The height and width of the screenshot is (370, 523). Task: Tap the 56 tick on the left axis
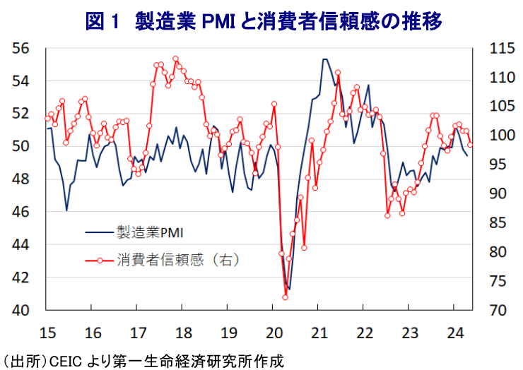click(x=21, y=49)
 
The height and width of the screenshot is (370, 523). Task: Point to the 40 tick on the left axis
click(x=21, y=310)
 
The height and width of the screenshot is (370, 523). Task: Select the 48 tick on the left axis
click(x=21, y=179)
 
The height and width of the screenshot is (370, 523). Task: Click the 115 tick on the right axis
click(x=498, y=49)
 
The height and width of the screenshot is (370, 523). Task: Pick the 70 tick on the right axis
click(x=498, y=310)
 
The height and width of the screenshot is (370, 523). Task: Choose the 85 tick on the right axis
click(x=498, y=222)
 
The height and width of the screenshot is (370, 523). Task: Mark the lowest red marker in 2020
click(x=286, y=297)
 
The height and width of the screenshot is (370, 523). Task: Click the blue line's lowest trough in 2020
click(x=289, y=290)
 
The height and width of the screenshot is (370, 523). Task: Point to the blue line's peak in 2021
click(x=324, y=59)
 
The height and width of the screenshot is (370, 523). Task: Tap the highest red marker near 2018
click(x=175, y=59)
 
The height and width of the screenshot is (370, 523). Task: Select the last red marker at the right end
click(x=470, y=145)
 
